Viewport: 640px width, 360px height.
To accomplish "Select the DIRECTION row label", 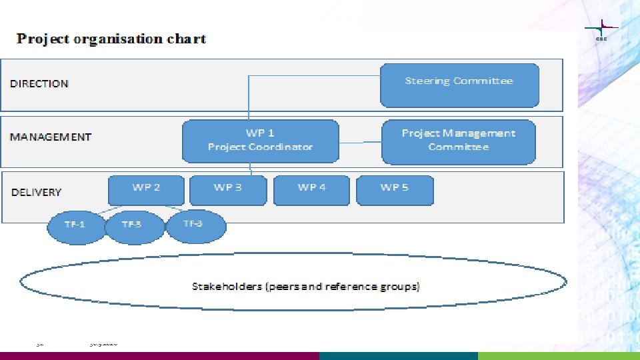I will tap(39, 83).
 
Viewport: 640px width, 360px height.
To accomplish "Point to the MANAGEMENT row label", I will tap(51, 137).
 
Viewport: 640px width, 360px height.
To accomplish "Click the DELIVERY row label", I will tap(37, 192).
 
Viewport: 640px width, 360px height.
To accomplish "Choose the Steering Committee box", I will tap(459, 85).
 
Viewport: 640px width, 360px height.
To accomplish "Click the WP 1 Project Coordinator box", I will tap(260, 141).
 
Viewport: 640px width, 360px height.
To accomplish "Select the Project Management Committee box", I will tap(459, 141).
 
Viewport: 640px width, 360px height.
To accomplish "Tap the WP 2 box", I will tap(146, 190).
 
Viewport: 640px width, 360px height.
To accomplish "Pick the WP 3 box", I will tap(228, 190).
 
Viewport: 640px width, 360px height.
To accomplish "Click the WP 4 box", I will tap(311, 190).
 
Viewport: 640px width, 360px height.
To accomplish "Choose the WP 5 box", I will tap(395, 190).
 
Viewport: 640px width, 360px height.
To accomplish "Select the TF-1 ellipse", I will tap(75, 225).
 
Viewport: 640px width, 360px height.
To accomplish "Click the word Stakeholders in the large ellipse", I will tap(226, 287).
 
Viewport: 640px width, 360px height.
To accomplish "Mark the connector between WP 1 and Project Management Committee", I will tap(360, 142).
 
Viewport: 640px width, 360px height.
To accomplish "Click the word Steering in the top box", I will tap(427, 81).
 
